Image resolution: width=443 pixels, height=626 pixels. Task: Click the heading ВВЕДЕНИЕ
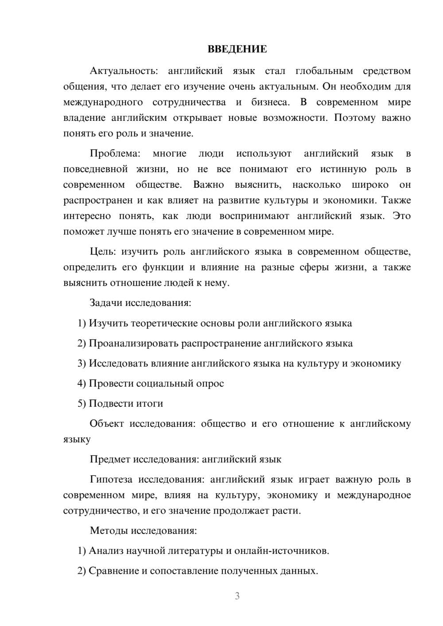(237, 49)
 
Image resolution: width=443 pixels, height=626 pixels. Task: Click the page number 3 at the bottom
(237, 596)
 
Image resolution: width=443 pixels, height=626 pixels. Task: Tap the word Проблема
(115, 154)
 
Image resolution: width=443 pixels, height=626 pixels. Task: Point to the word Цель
(103, 251)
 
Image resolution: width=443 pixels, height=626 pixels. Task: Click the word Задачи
(106, 303)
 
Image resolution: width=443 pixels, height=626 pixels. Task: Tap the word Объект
(107, 424)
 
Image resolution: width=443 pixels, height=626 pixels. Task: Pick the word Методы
(109, 530)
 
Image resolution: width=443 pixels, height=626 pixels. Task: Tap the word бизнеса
(270, 102)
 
